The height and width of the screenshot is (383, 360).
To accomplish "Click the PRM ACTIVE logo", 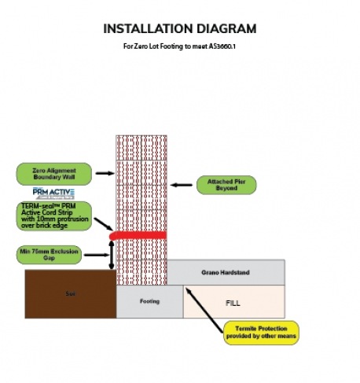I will [x=53, y=193].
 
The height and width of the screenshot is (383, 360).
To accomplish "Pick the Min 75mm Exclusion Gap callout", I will [x=50, y=254].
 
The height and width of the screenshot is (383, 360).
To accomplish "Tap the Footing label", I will [x=149, y=300].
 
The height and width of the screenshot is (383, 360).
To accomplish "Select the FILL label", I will [x=233, y=300].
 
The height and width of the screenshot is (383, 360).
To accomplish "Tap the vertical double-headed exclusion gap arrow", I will [x=112, y=254].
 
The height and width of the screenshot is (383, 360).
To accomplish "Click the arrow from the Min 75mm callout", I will [x=96, y=255].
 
